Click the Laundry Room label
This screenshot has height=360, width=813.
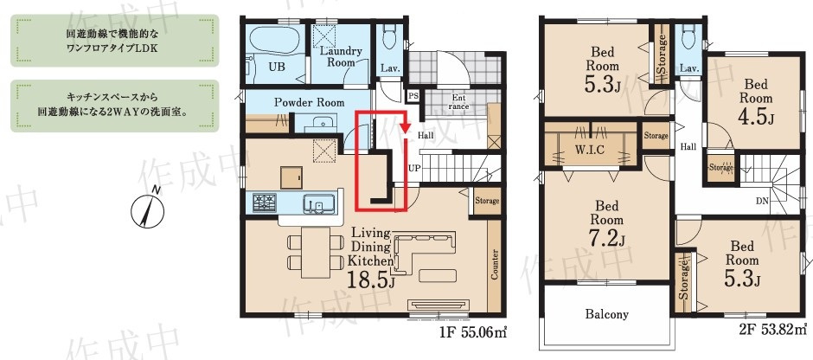[341, 56]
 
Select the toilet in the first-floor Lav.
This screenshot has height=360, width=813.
[387, 37]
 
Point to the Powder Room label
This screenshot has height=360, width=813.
[309, 102]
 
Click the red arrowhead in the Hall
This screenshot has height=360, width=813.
[406, 127]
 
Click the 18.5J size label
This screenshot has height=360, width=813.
[372, 281]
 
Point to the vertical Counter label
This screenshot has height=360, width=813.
[495, 265]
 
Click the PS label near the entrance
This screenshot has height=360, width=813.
[413, 95]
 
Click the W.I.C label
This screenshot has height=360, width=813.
[591, 151]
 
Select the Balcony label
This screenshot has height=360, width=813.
[606, 314]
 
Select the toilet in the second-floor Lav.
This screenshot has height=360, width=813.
[689, 37]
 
